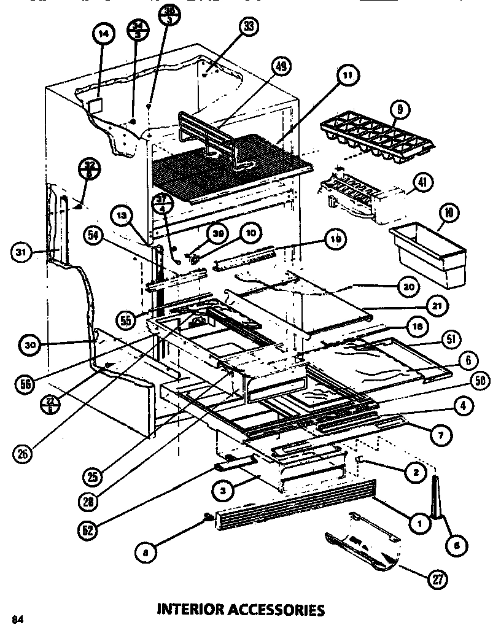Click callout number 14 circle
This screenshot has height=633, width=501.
(x=103, y=36)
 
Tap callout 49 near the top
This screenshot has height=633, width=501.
(x=283, y=67)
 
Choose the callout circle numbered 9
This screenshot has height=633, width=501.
(x=400, y=111)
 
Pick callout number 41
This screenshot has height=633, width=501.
(x=423, y=182)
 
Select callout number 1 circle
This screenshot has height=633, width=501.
(x=420, y=524)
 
